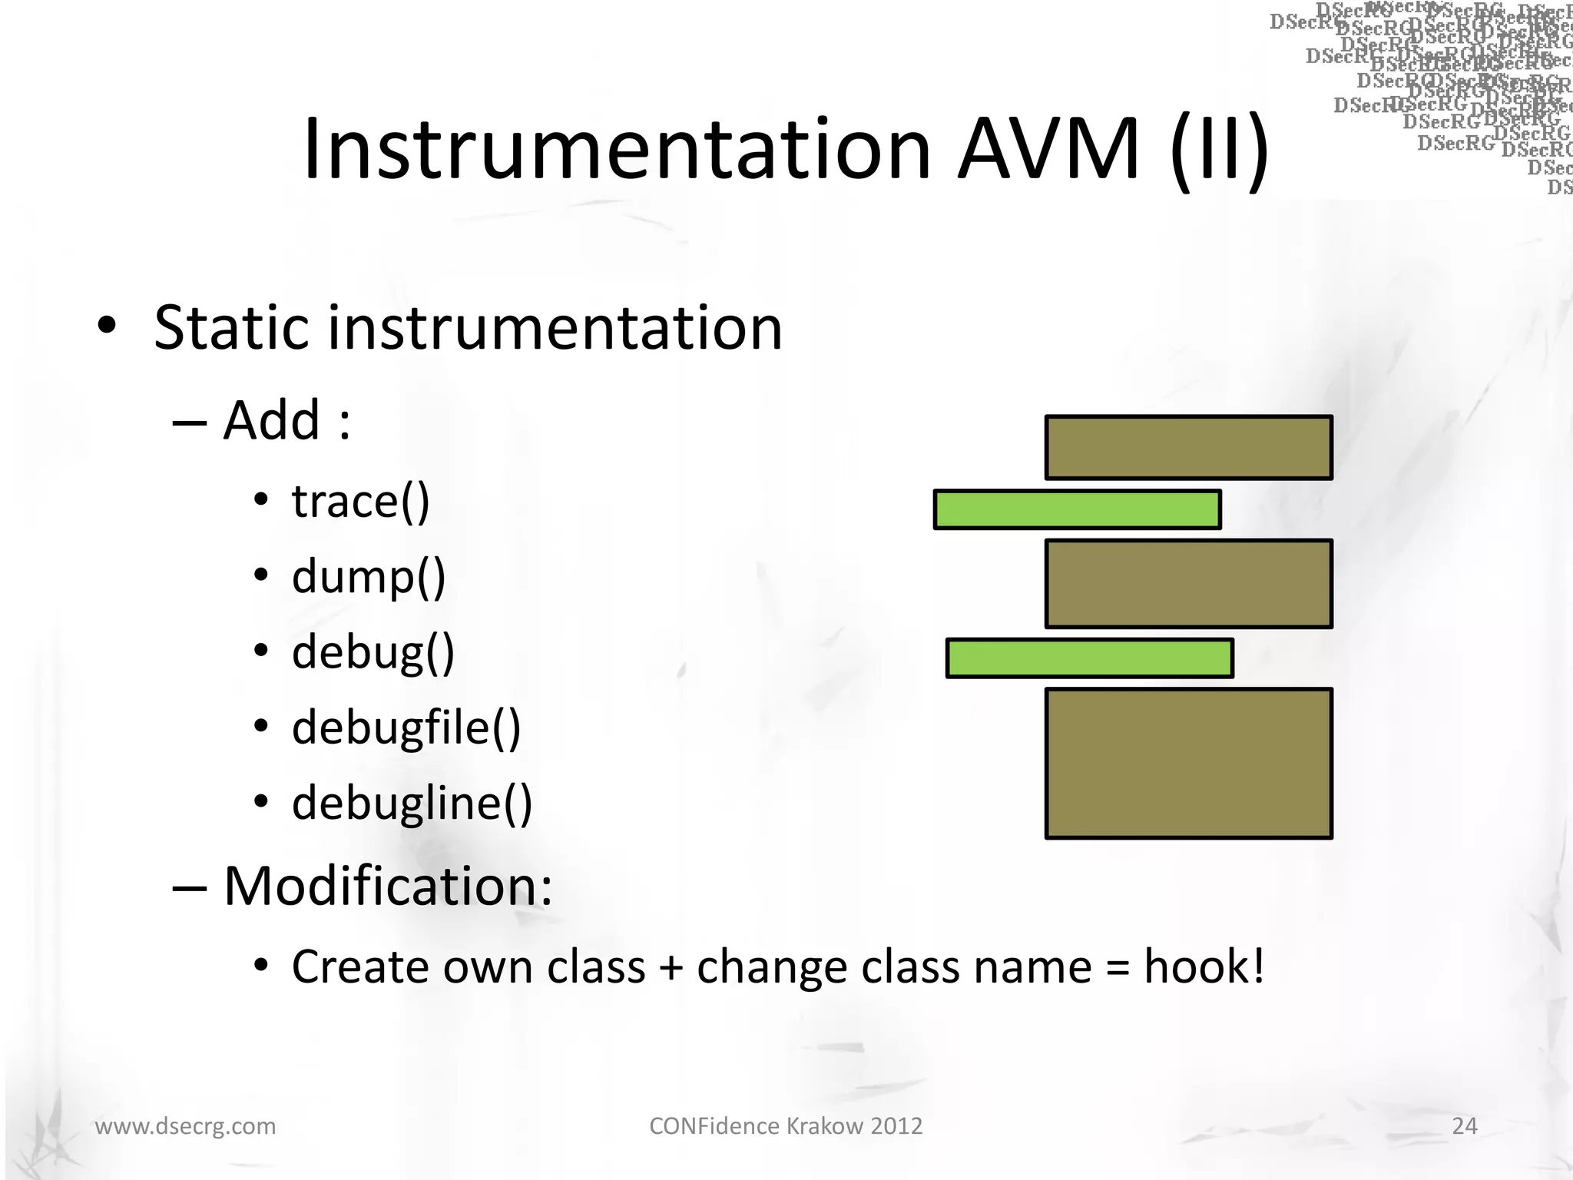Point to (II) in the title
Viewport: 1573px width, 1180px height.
point(1220,150)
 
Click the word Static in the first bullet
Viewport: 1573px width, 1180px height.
point(230,328)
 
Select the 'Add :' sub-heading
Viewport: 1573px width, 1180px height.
point(286,421)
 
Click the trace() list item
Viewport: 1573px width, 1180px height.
point(360,502)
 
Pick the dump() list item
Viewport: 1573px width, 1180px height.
point(368,578)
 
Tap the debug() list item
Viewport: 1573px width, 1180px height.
point(373,653)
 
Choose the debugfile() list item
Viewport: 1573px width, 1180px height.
point(406,728)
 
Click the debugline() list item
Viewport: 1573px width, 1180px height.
point(412,804)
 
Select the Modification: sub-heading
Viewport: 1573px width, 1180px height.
point(387,887)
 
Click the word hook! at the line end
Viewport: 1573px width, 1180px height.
point(1204,966)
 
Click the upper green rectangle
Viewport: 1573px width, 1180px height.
point(1077,510)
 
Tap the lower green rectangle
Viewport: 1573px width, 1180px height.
point(1089,658)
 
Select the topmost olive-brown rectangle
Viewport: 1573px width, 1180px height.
point(1188,448)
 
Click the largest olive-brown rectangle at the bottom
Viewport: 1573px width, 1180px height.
point(1188,763)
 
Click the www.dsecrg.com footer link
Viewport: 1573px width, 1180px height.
point(185,1126)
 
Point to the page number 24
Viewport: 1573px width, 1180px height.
point(1464,1126)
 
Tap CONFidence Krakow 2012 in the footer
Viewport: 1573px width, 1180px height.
point(786,1126)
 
